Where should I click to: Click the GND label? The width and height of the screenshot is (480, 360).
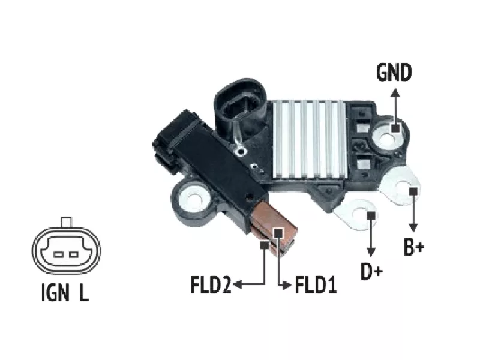coord(394,73)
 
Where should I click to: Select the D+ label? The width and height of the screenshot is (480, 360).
coord(372,272)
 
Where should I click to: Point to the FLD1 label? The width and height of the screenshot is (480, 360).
coord(316,284)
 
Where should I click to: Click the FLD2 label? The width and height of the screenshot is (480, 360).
coord(211,284)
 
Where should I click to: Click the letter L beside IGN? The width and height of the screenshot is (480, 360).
coord(83,293)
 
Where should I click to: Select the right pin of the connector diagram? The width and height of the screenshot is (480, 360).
coord(74,254)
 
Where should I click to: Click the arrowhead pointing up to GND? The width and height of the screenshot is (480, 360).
coord(395,92)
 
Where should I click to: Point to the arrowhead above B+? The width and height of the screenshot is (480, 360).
coord(413,229)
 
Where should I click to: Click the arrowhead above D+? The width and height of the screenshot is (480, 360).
coord(371,254)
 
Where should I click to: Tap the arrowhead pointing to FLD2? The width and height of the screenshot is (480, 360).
coord(238,284)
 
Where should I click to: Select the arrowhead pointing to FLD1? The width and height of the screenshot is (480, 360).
coord(287,284)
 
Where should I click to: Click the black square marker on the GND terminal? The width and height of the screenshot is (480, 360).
coord(395,128)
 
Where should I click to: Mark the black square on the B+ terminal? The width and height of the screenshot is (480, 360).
coord(413,191)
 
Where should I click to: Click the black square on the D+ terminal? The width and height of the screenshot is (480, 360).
coord(371,215)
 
